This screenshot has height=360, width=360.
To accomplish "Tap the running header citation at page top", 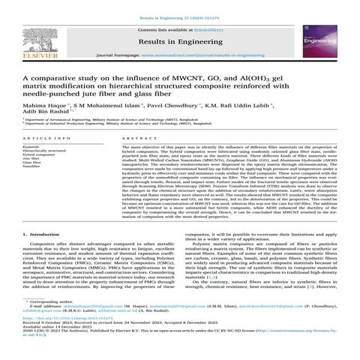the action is point(180,6).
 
